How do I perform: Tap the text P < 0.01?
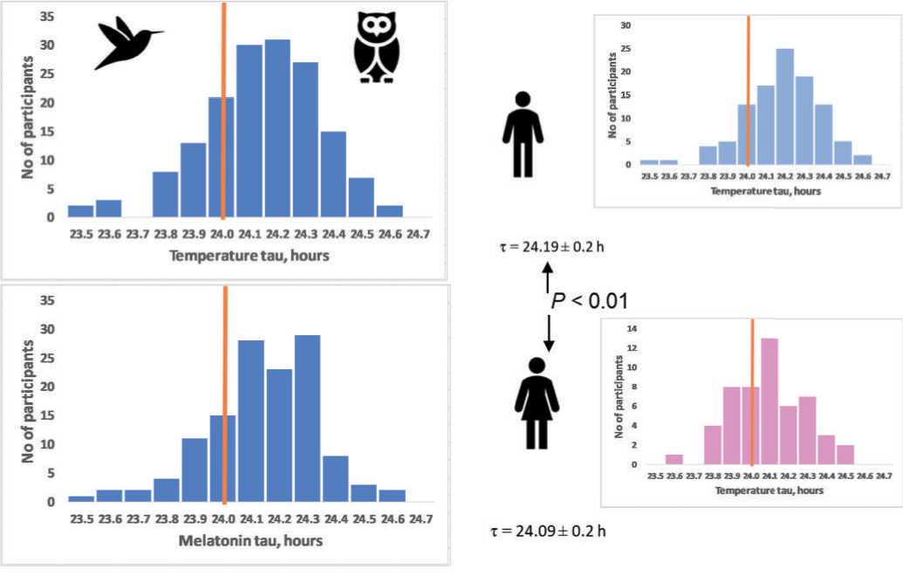tap(589, 301)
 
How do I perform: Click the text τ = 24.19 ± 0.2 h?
tap(549, 246)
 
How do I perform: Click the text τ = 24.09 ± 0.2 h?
tap(547, 529)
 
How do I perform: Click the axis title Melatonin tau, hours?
tap(250, 540)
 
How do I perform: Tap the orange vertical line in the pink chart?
tap(751, 393)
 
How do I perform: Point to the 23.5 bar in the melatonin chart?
tap(81, 498)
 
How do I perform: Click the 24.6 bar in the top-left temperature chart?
tap(390, 210)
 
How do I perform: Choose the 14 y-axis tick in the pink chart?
tap(635, 328)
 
